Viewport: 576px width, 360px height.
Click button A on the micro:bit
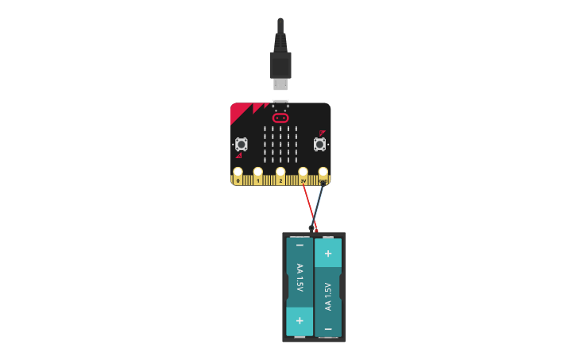click(x=241, y=144)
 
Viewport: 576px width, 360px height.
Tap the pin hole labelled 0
click(x=238, y=171)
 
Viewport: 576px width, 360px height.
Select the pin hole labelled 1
click(x=258, y=171)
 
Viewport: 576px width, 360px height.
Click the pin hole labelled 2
click(x=280, y=171)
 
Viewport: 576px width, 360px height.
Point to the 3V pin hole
click(x=303, y=171)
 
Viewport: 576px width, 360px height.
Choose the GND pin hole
click(x=323, y=171)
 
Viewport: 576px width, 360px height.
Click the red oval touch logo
click(x=280, y=118)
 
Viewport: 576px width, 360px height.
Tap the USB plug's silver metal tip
click(x=280, y=84)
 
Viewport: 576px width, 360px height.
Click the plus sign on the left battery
click(x=300, y=320)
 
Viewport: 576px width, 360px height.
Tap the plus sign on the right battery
click(x=328, y=253)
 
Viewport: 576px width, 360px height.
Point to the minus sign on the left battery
click(x=300, y=246)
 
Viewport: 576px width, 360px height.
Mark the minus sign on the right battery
click(x=328, y=327)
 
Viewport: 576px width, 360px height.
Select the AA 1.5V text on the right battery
click(x=328, y=296)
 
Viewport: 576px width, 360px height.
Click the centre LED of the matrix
click(x=280, y=144)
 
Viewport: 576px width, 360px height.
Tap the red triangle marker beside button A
click(x=238, y=156)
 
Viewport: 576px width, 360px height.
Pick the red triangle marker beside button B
click(x=322, y=133)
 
